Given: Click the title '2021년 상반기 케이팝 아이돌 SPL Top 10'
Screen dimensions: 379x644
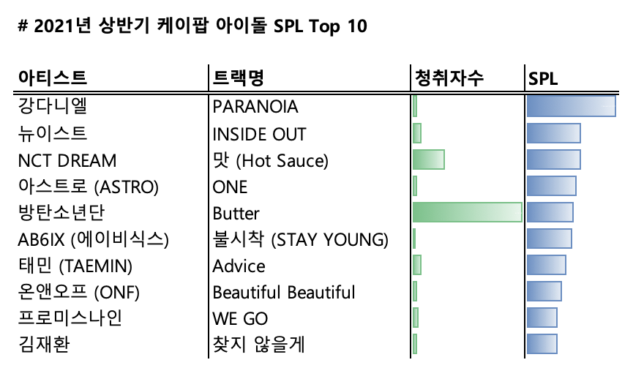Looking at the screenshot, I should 191,27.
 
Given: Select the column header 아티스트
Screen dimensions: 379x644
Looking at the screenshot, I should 52,78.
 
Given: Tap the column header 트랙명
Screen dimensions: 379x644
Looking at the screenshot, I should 238,78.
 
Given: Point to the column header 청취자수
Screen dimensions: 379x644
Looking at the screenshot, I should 449,78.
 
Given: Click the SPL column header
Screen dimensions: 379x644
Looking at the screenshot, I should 543,78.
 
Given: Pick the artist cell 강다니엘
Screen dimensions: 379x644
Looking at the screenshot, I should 52,107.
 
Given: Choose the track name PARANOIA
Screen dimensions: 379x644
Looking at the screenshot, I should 255,107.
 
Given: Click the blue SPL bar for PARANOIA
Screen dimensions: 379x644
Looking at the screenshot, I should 571,107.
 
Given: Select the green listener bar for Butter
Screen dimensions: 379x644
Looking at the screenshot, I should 467,213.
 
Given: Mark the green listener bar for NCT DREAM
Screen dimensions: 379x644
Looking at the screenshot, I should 428,160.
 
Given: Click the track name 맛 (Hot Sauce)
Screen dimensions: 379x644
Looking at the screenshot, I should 270,160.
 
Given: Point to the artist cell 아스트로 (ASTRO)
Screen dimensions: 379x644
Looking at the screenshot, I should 87,187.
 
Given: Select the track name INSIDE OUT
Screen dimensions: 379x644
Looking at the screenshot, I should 259,134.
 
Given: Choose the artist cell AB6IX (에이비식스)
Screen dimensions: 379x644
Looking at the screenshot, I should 93,239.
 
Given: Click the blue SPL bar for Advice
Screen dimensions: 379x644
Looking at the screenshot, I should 546,266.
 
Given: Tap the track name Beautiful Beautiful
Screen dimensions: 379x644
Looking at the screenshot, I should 284,293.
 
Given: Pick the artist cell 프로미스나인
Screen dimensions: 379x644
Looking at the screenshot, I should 70,319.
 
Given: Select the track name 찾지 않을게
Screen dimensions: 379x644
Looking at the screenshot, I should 258,345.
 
